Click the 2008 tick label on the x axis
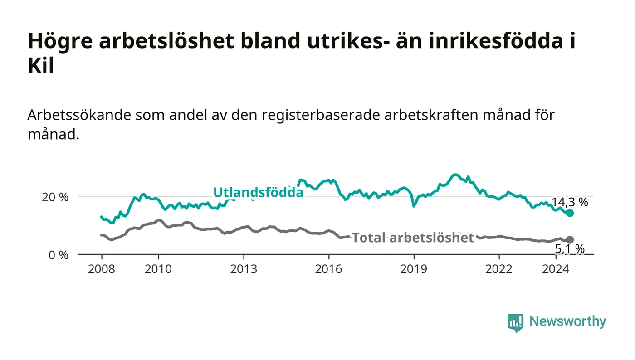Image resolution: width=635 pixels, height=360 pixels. click(102, 269)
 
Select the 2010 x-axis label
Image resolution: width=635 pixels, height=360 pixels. click(158, 269)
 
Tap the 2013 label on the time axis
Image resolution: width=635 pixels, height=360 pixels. click(244, 269)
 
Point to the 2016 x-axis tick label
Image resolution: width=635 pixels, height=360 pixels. click(328, 269)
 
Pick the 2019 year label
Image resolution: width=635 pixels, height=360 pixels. click(414, 269)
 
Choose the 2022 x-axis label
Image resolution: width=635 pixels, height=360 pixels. click(499, 269)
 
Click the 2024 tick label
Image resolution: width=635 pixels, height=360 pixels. click(556, 269)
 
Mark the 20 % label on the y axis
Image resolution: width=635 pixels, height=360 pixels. click(55, 197)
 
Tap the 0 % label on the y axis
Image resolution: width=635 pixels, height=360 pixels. click(59, 255)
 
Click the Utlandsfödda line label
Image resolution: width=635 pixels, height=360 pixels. click(258, 193)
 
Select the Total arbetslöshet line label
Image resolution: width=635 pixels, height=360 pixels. click(413, 238)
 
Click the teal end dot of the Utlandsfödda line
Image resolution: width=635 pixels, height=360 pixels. click(570, 213)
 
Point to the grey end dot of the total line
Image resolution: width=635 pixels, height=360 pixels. click(570, 240)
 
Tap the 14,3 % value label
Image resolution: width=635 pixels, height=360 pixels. click(570, 202)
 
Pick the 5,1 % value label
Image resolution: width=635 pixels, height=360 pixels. click(570, 249)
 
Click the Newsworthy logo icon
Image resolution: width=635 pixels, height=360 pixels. click(515, 323)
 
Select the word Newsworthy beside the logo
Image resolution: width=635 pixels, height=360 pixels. click(567, 321)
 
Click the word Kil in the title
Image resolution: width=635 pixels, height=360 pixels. click(41, 66)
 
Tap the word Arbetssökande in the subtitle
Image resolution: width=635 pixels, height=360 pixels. click(79, 115)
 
